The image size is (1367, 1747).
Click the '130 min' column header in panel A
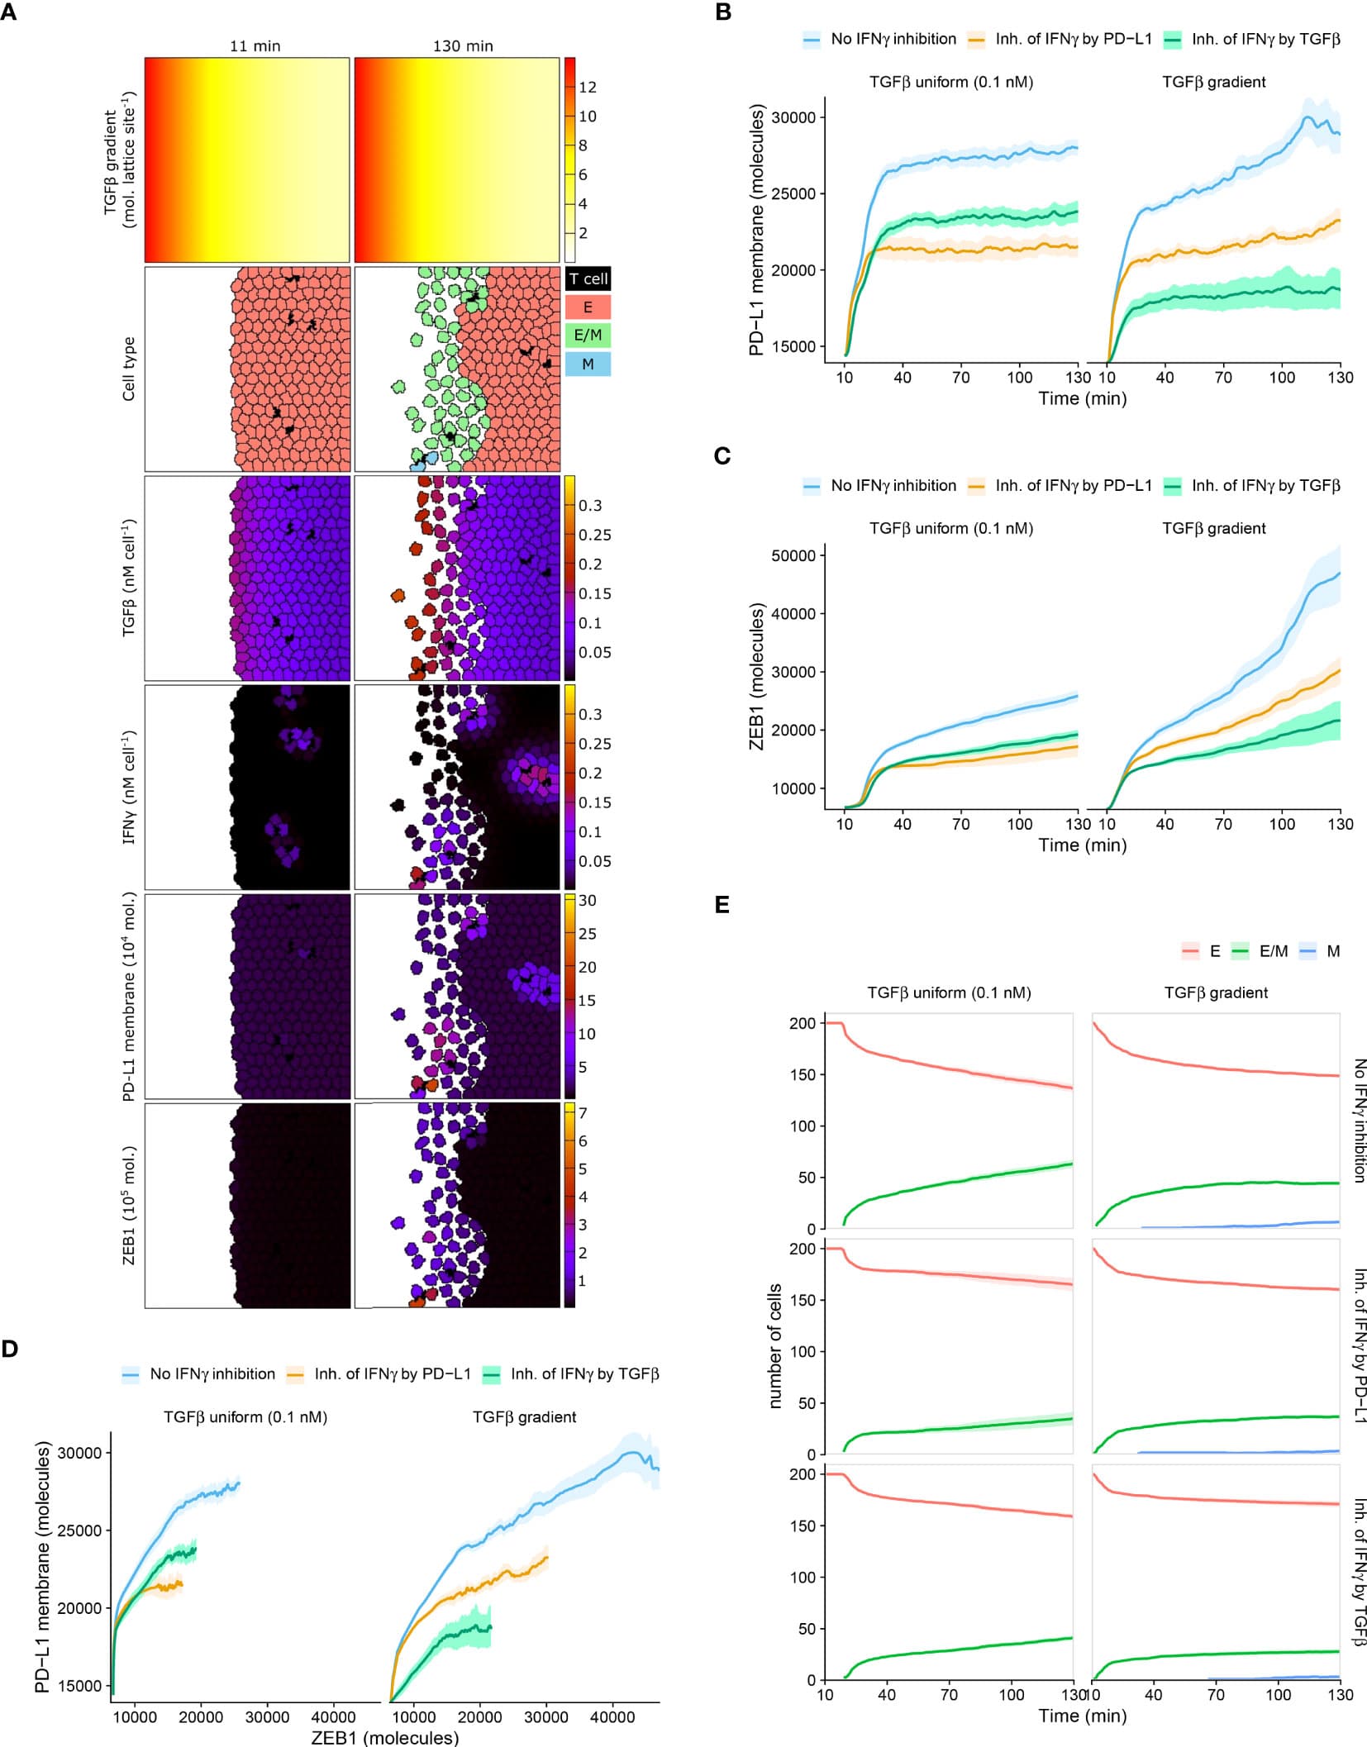(x=463, y=46)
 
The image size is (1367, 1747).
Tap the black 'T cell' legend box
(x=588, y=278)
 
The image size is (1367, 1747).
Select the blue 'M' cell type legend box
(x=588, y=364)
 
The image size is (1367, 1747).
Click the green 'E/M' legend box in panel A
(x=588, y=336)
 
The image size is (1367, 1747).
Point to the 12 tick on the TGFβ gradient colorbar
(x=588, y=87)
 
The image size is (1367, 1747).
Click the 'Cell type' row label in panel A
(x=128, y=369)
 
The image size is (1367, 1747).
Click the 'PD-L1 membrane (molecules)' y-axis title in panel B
(x=756, y=230)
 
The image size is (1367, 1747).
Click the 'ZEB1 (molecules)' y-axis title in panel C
(x=756, y=676)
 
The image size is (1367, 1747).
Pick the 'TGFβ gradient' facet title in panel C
(x=1213, y=528)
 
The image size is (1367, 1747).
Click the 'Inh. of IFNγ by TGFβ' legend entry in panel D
(x=583, y=1373)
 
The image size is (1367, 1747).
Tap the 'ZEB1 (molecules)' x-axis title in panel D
(x=384, y=1737)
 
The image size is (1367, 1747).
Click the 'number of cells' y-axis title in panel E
(x=774, y=1345)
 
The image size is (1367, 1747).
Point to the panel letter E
(x=722, y=905)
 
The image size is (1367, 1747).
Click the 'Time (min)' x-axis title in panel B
(x=1082, y=398)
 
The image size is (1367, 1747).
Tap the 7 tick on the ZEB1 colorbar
(x=583, y=1113)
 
